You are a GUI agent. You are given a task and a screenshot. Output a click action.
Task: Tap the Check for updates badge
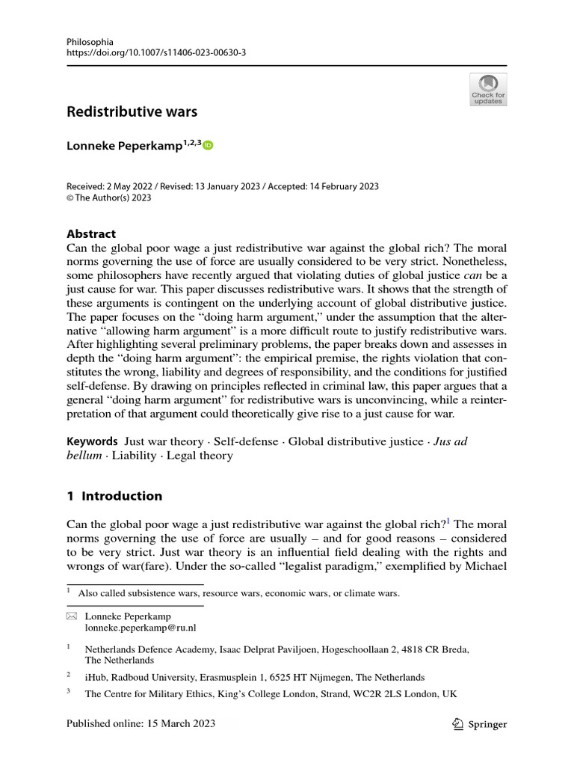(x=487, y=89)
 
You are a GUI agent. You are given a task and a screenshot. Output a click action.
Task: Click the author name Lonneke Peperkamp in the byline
(x=124, y=146)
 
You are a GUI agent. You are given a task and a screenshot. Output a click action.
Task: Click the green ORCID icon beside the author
(x=208, y=146)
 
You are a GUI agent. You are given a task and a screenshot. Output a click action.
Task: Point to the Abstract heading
(x=91, y=233)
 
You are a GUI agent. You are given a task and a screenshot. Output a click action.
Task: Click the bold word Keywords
(x=92, y=441)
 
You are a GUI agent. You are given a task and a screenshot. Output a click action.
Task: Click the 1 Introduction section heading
(x=114, y=495)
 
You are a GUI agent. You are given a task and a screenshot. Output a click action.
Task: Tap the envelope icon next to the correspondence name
(x=72, y=616)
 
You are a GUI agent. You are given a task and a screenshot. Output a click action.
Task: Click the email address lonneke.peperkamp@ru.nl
(x=141, y=628)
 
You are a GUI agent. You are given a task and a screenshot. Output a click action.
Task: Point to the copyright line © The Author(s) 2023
(x=109, y=197)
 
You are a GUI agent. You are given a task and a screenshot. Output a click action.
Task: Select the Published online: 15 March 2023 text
(x=141, y=723)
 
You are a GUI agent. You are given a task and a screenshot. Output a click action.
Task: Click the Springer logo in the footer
(x=480, y=723)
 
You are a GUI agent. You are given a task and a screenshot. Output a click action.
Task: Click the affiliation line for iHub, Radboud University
(x=254, y=677)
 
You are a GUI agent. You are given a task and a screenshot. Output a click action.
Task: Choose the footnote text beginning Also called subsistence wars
(x=242, y=593)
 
